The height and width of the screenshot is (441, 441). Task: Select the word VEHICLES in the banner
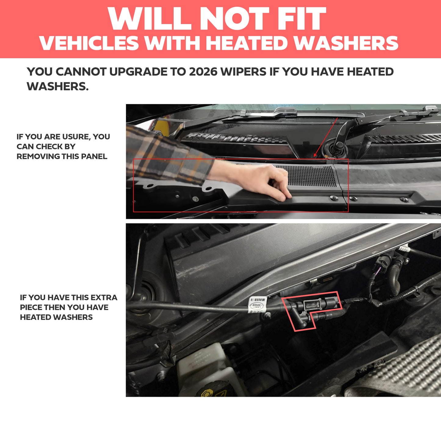(89, 43)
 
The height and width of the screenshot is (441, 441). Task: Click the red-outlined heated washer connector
(311, 308)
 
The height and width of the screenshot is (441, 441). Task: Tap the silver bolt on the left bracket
(195, 199)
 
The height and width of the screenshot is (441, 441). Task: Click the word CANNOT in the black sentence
(81, 72)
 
